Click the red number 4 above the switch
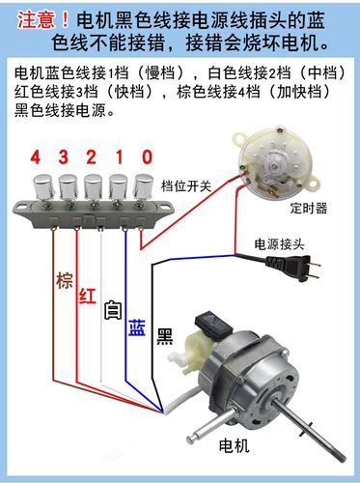tap(35, 156)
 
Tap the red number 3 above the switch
tap(65, 156)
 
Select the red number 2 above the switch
tap(92, 156)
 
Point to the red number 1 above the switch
tap(119, 156)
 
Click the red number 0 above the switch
tap(146, 156)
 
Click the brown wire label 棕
tap(64, 282)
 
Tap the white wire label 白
tap(112, 311)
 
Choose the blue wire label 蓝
tap(137, 326)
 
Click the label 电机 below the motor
tap(235, 446)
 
